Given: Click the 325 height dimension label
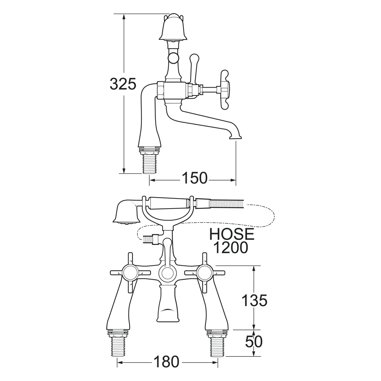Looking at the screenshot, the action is tap(123, 84).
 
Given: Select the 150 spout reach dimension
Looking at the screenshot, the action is tap(195, 178).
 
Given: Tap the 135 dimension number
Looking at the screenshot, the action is tap(254, 300).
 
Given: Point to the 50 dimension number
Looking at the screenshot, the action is tap(254, 342).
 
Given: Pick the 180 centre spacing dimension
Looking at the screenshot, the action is tap(166, 362).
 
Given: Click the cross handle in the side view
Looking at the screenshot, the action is tap(224, 89).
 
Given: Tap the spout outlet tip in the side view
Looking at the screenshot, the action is tap(236, 138).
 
